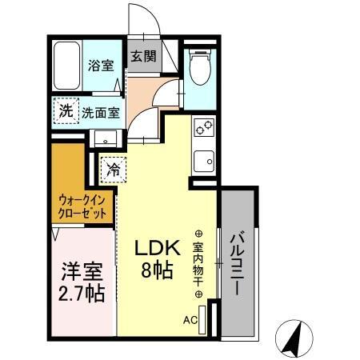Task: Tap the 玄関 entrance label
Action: point(143,58)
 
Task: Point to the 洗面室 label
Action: point(100,112)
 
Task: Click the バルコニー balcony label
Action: point(237,264)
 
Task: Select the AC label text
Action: point(190,320)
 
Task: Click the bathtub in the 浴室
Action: point(66,66)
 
